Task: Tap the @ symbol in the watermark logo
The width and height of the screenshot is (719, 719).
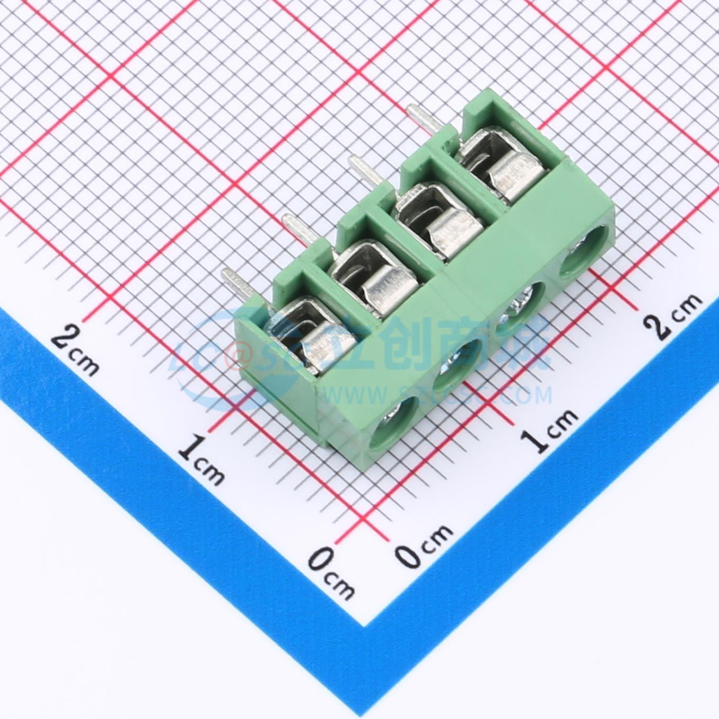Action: (x=235, y=356)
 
